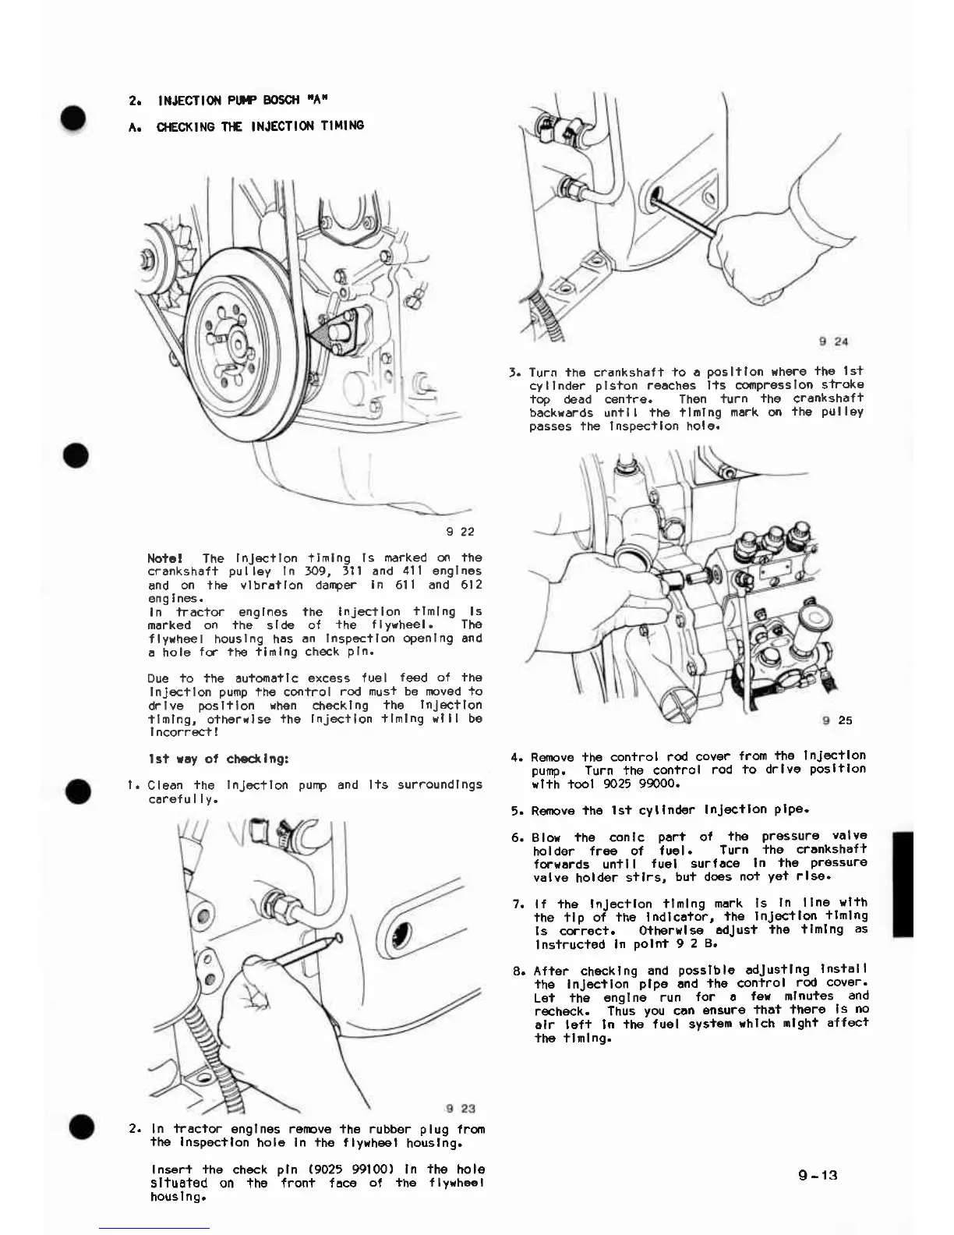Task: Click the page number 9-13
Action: pyautogui.click(x=817, y=1175)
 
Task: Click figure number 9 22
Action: pyautogui.click(x=460, y=533)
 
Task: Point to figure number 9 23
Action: pyautogui.click(x=461, y=1109)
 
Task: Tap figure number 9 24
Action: pyautogui.click(x=834, y=341)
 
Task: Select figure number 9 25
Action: pyautogui.click(x=838, y=720)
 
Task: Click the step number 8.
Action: pyautogui.click(x=518, y=971)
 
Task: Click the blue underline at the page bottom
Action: pyautogui.click(x=154, y=1228)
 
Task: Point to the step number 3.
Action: pyautogui.click(x=514, y=372)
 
